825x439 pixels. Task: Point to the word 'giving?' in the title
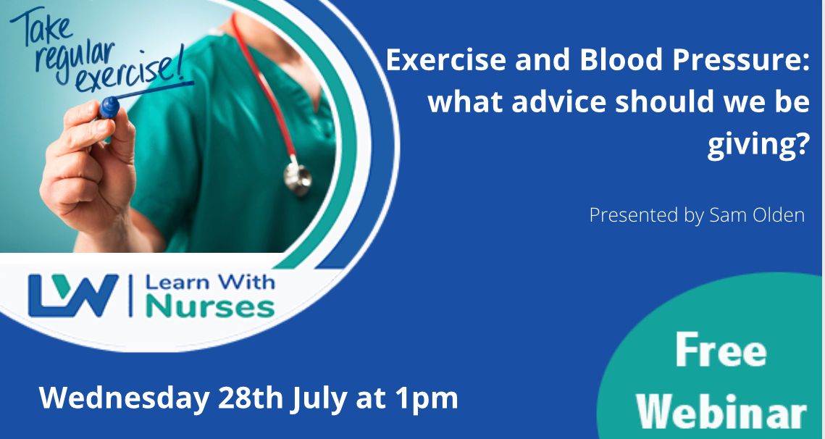[x=758, y=146]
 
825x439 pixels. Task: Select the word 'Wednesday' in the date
[x=124, y=400]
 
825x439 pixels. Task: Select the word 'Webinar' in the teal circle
[x=722, y=411]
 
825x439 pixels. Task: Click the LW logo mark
[x=73, y=296]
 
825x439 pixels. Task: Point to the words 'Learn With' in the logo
[x=210, y=282]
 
